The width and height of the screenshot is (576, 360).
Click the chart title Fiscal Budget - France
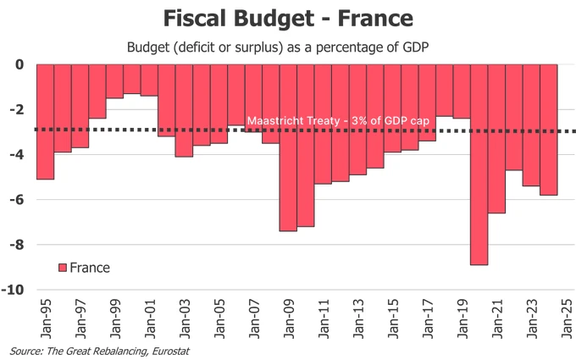pyautogui.click(x=288, y=18)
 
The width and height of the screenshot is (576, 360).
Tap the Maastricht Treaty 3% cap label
pyautogui.click(x=338, y=121)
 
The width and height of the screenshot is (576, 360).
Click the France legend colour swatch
pyautogui.click(x=62, y=268)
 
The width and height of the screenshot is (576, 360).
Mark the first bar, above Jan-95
pyautogui.click(x=46, y=122)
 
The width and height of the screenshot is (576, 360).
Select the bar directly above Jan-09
pyautogui.click(x=288, y=147)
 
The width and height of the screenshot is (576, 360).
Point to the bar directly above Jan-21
pyautogui.click(x=496, y=139)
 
